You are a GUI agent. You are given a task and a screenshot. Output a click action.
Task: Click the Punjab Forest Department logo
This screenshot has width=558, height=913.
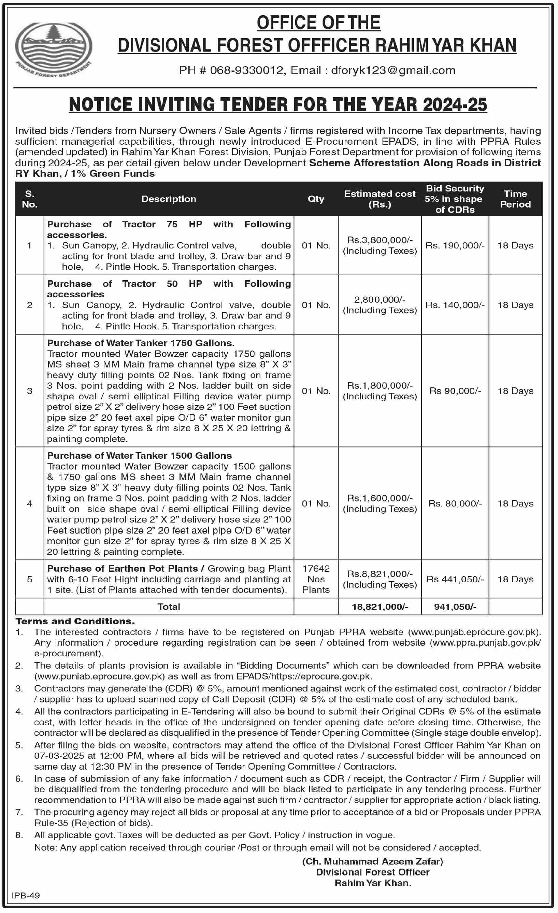[53, 49]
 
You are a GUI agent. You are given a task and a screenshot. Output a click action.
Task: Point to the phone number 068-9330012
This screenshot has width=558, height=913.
[246, 70]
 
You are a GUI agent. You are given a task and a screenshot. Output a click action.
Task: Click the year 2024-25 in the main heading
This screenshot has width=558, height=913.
[455, 104]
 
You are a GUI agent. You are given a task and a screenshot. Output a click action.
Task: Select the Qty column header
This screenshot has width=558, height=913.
[316, 199]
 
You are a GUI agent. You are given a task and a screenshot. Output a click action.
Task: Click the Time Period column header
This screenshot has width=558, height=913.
[515, 199]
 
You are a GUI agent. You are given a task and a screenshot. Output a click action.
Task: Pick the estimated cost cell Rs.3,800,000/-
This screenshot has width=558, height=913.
[380, 240]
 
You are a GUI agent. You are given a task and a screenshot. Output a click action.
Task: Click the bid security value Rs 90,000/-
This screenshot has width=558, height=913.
[455, 391]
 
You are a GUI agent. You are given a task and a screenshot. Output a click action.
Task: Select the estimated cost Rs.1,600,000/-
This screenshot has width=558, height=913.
[380, 498]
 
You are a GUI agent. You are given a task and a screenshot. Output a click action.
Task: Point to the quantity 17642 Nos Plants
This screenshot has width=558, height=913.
[316, 579]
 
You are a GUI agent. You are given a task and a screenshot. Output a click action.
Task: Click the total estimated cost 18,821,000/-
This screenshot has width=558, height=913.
[380, 607]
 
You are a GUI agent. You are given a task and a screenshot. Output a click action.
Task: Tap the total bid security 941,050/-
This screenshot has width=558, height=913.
[455, 607]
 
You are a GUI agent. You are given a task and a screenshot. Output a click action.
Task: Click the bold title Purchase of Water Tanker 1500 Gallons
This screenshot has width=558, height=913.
[139, 455]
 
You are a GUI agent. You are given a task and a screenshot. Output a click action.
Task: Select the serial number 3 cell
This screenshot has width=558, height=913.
[30, 391]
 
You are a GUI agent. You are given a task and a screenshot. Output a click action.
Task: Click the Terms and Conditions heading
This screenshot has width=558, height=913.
[75, 621]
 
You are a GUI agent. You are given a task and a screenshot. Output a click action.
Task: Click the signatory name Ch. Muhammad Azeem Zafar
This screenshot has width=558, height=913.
[372, 861]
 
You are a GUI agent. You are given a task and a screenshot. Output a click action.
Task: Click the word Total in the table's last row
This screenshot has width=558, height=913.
[169, 607]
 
